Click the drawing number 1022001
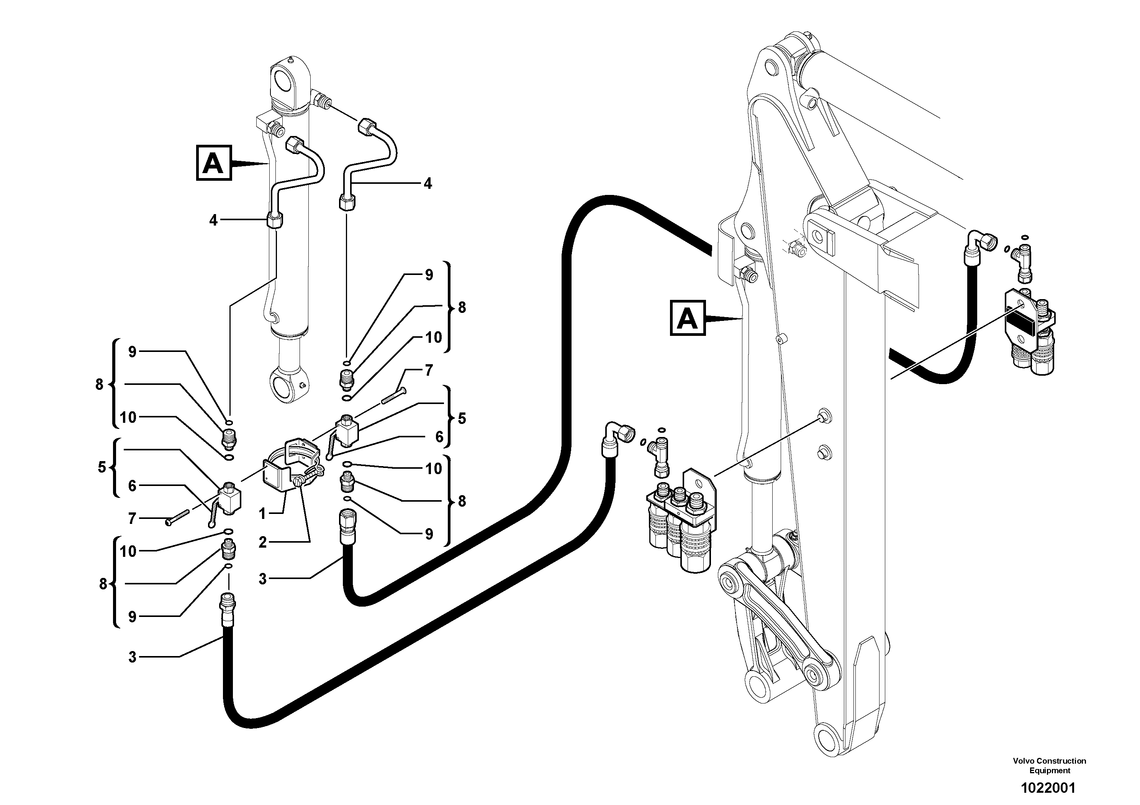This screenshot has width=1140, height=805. point(1048,788)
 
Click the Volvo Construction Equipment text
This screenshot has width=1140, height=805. point(1049,765)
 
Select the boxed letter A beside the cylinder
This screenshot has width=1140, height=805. point(213,163)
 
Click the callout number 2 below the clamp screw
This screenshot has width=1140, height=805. point(263,542)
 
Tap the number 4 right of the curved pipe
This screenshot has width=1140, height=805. point(427,183)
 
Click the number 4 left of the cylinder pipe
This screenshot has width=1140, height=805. point(213,220)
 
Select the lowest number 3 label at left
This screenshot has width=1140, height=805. point(132,657)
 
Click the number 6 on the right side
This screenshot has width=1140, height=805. point(439,437)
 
